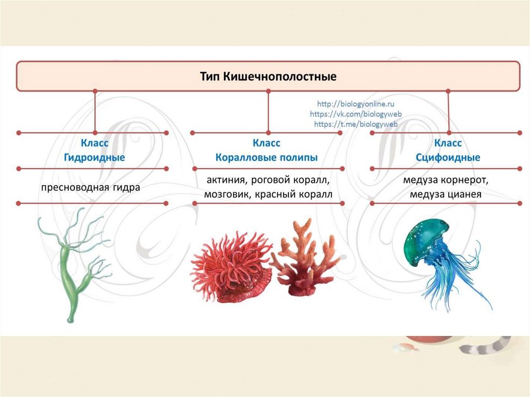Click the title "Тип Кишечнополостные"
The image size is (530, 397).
tap(268, 77)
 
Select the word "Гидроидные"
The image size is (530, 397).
tap(94, 157)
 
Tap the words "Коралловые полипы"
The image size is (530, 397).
tap(267, 157)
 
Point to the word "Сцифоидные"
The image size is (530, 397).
tap(448, 157)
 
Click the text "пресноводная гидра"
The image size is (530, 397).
tap(91, 187)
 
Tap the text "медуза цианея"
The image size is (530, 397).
tap(446, 195)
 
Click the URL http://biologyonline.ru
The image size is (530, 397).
tap(355, 105)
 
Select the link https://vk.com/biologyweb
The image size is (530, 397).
tap(355, 114)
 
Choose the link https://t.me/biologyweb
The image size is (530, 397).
tap(355, 124)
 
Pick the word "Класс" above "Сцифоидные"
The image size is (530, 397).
tap(448, 142)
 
